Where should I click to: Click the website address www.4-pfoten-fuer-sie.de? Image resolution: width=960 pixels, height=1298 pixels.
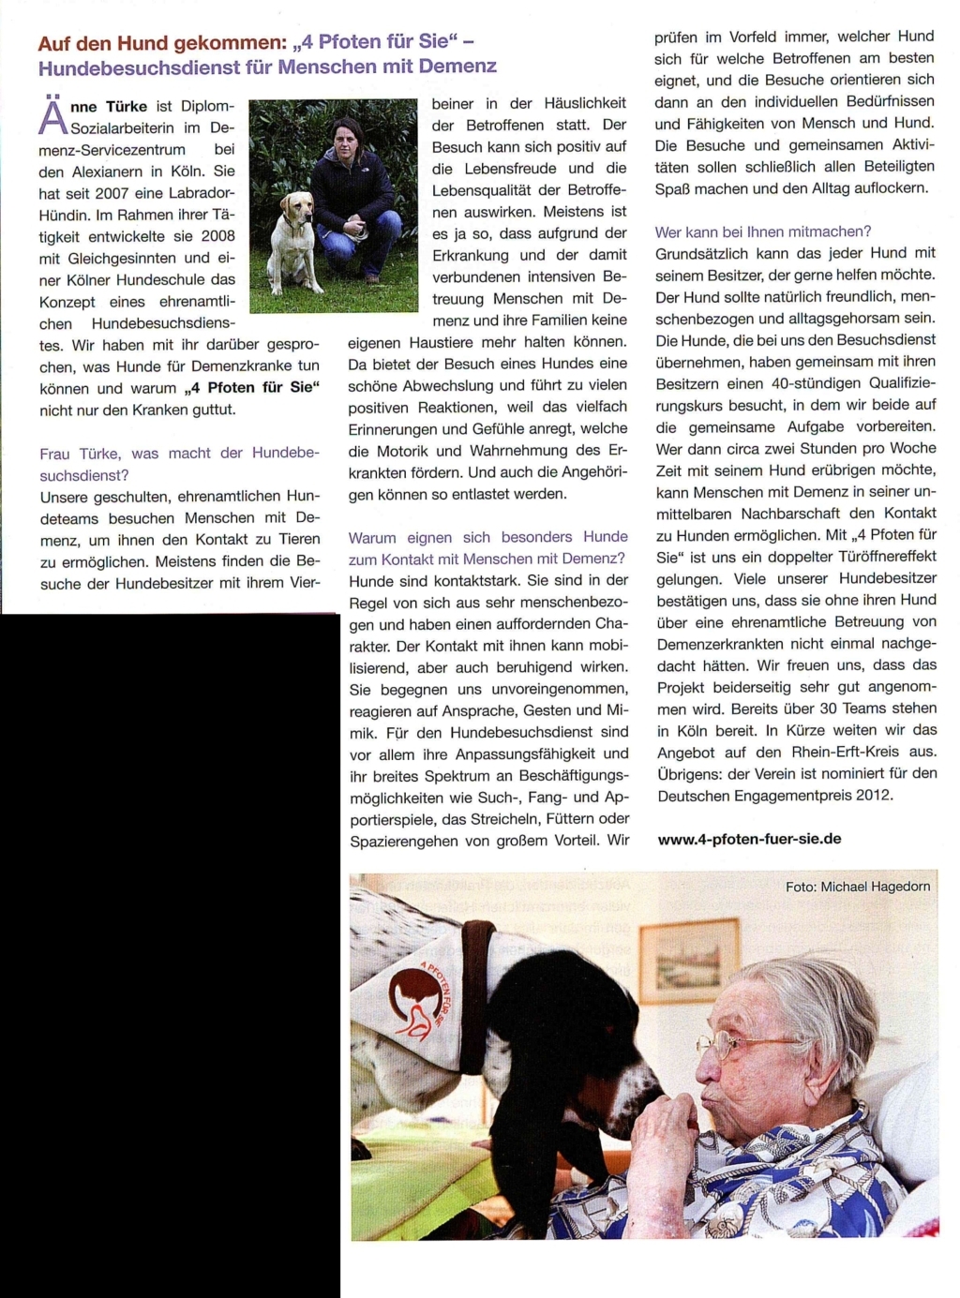pos(749,839)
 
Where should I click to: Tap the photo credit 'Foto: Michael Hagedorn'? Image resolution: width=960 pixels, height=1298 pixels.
pos(858,887)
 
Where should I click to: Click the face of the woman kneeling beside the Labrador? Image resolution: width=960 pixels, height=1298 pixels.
pos(347,142)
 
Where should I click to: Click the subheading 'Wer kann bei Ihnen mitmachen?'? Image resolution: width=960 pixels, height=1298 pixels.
pos(763,231)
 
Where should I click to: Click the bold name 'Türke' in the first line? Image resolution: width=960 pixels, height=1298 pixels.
pos(126,107)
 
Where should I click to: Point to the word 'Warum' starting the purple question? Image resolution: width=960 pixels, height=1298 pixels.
pos(372,537)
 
